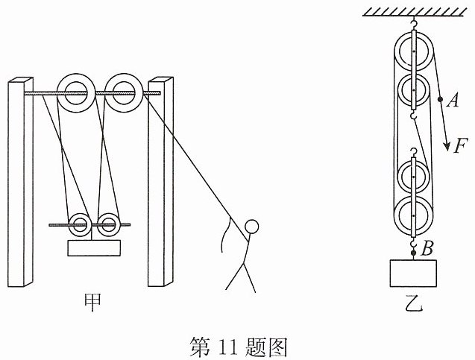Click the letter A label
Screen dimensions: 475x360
tap(453, 100)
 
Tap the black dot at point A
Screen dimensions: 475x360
tap(440, 99)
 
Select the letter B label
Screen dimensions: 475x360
tap(427, 248)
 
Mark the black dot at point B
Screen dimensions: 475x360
tap(413, 253)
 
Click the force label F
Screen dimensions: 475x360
tap(461, 147)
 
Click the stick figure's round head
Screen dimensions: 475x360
tap(251, 227)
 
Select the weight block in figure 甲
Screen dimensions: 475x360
tap(94, 248)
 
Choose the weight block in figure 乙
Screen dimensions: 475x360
tap(413, 273)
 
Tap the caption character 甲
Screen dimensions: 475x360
tap(92, 303)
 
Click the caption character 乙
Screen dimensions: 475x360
tap(414, 303)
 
